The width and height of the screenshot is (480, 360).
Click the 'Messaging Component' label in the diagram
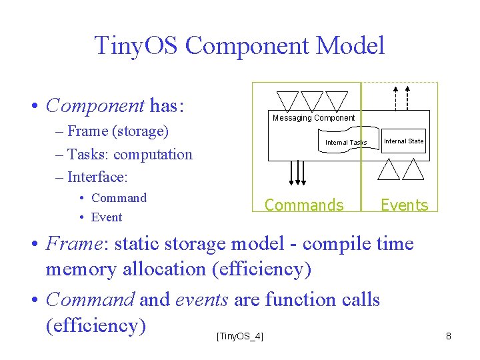point(313,118)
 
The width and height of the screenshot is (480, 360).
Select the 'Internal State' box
point(404,141)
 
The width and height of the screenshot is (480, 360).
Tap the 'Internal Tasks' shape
point(346,142)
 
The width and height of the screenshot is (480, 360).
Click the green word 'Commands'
point(304,205)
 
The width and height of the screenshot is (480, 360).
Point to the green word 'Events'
point(404,205)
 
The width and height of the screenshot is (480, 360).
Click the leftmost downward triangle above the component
point(288,100)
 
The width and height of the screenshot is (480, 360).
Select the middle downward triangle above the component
point(311,100)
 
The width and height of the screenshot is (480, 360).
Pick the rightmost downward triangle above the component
point(335,100)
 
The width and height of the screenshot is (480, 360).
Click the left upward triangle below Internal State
point(388,171)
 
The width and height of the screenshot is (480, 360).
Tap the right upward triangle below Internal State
point(413,171)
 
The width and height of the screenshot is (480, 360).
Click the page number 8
point(449,336)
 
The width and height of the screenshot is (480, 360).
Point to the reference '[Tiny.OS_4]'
point(240,336)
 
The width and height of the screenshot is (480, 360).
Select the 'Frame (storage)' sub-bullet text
point(117,131)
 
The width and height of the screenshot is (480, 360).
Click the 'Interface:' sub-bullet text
point(97,177)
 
